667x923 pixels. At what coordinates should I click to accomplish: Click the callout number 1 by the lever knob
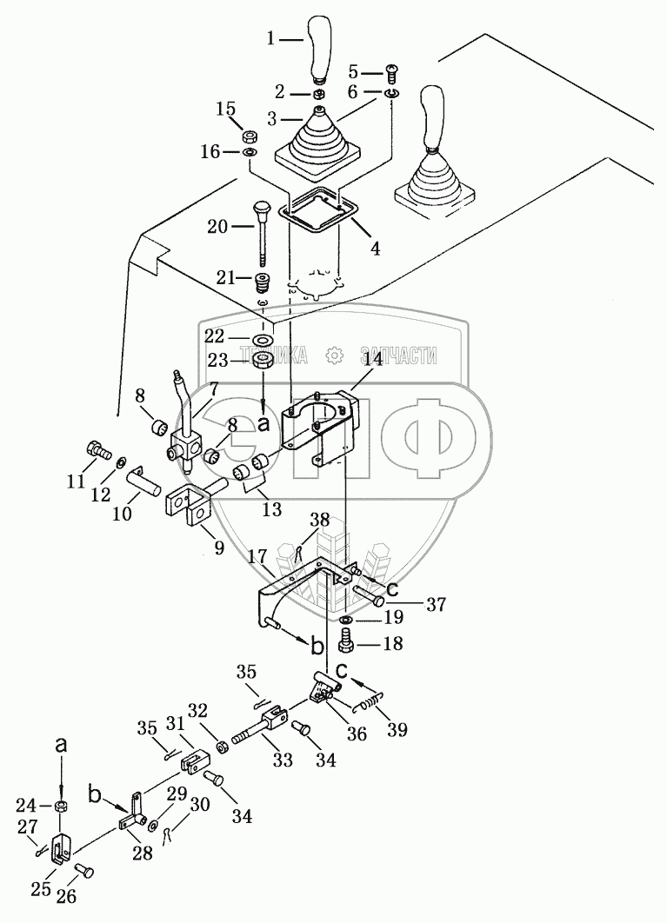click(x=270, y=39)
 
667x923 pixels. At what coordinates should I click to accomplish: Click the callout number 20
click(x=217, y=225)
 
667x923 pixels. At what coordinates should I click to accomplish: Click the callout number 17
click(x=257, y=555)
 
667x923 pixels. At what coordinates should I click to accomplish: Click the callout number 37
click(x=436, y=604)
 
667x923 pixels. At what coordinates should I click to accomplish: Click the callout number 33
click(x=283, y=760)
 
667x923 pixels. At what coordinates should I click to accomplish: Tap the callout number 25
click(x=41, y=889)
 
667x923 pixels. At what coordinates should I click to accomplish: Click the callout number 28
click(x=143, y=853)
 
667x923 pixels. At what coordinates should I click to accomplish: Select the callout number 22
click(x=215, y=336)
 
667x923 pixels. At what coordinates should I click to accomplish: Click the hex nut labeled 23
click(x=263, y=361)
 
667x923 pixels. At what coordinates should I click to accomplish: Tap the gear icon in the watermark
click(x=334, y=355)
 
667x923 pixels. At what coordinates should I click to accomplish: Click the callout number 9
click(x=218, y=548)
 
